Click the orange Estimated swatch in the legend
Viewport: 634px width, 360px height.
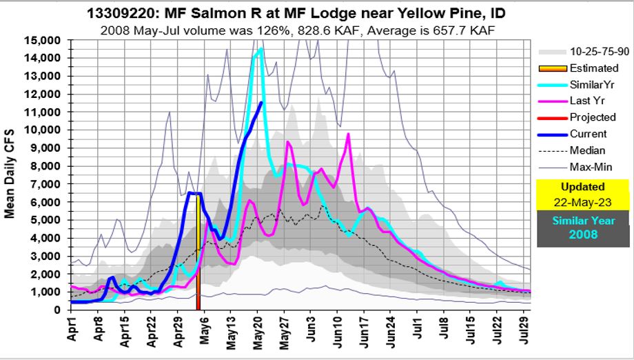click(551, 68)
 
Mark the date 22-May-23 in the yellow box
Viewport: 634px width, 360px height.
click(582, 201)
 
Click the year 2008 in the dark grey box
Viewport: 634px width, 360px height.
click(582, 234)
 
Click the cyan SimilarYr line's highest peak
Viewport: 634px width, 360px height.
click(260, 49)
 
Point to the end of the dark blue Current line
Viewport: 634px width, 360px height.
click(261, 103)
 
